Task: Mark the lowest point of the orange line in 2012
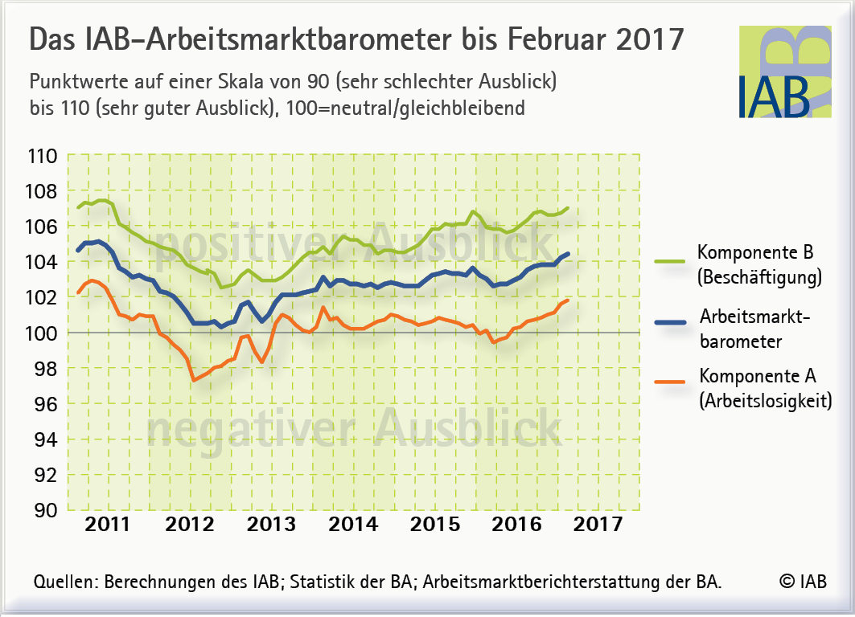[195, 380]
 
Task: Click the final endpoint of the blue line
[568, 254]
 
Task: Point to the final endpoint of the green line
[568, 209]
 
